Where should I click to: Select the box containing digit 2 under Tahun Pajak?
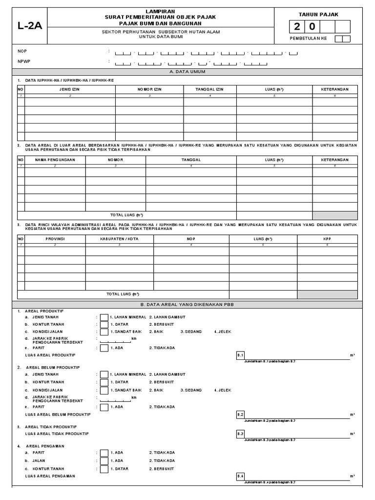pyautogui.click(x=297, y=27)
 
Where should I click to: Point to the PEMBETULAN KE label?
pyautogui.click(x=309, y=39)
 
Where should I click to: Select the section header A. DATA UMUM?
pyautogui.click(x=188, y=72)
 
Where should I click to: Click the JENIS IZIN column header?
pyautogui.click(x=70, y=89)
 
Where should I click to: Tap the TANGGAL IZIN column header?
pyautogui.click(x=209, y=89)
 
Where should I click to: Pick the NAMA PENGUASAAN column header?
pyautogui.click(x=55, y=160)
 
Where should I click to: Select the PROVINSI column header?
pyautogui.click(x=55, y=238)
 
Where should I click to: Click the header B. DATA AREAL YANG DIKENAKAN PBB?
pyautogui.click(x=188, y=304)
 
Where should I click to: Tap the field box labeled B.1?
pyautogui.click(x=240, y=355)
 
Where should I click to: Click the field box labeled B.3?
pyautogui.click(x=240, y=434)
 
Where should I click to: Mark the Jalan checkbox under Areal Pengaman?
pyautogui.click(x=104, y=460)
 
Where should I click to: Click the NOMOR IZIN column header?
pyautogui.click(x=149, y=89)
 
